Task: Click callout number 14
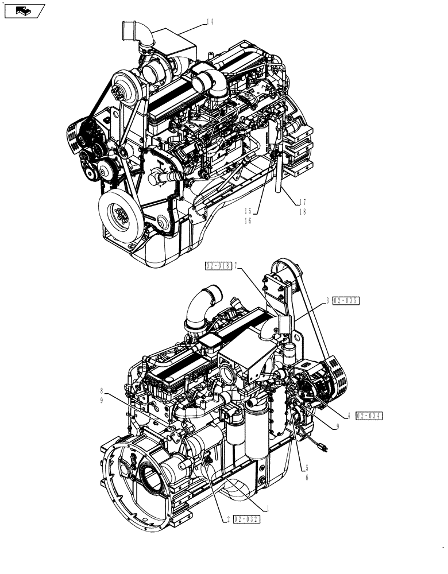click(210, 22)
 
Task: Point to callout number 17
click(303, 202)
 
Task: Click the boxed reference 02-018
click(218, 265)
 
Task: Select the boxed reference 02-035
click(345, 300)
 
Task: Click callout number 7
click(235, 265)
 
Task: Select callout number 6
click(307, 476)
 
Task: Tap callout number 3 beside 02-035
click(328, 300)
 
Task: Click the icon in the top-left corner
click(24, 10)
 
